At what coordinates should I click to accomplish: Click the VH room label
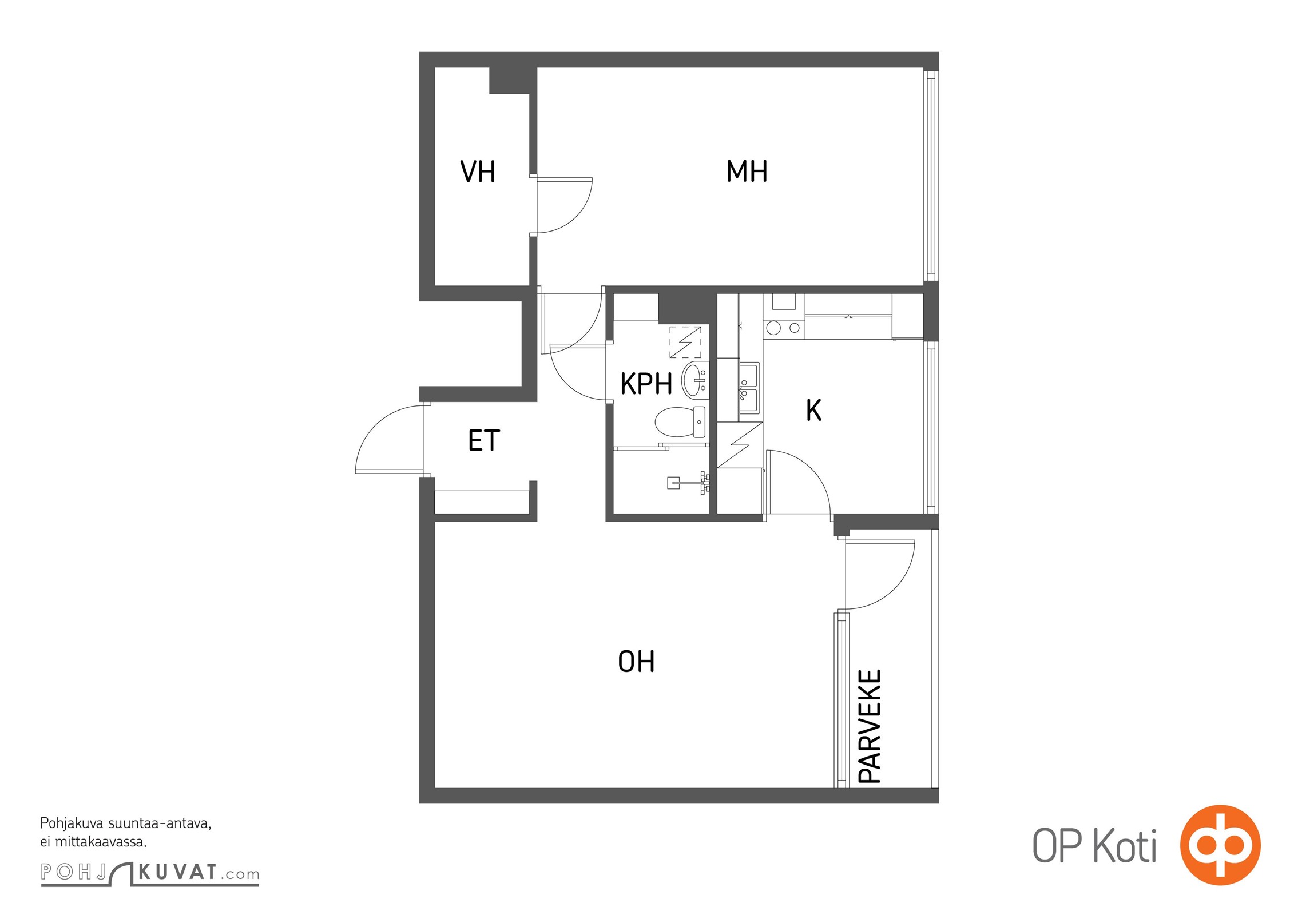tap(478, 172)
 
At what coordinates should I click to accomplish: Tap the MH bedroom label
tap(747, 171)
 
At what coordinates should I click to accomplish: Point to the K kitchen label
tap(813, 410)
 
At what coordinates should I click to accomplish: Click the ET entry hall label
tap(484, 440)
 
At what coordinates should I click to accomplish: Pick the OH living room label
tap(636, 661)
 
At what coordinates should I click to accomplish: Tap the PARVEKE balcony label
tap(870, 726)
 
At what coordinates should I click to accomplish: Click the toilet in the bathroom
tap(680, 422)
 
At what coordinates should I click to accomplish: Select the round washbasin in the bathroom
tap(694, 380)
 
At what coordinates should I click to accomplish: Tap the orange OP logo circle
tap(1220, 845)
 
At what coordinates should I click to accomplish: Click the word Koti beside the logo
tap(1125, 846)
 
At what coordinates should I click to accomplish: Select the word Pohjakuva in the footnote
tap(72, 824)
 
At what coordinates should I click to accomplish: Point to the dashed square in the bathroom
tap(685, 342)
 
